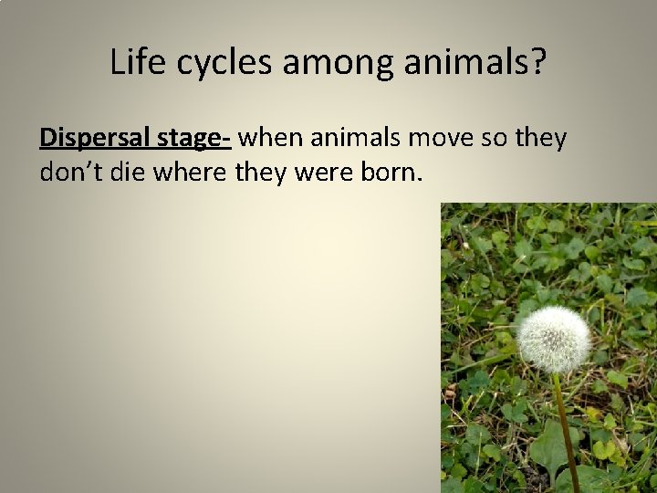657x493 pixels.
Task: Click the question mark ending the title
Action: click(537, 62)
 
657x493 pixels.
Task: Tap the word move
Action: click(442, 139)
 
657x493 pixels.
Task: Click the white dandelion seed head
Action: click(552, 339)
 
